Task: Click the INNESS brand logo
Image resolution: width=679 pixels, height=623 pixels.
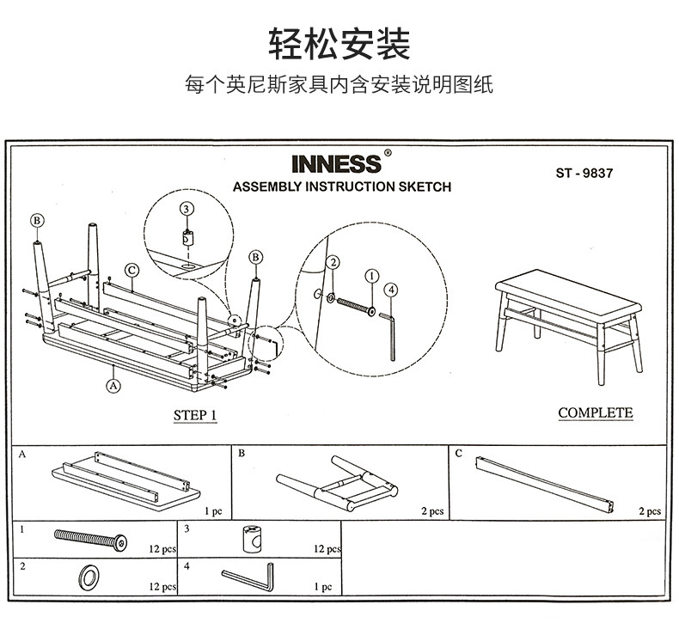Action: (x=336, y=163)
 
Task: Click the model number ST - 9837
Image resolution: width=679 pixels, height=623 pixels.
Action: (x=584, y=171)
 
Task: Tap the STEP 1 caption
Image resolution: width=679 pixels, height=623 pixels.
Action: (x=195, y=416)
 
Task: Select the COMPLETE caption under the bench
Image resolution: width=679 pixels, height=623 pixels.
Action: (x=595, y=413)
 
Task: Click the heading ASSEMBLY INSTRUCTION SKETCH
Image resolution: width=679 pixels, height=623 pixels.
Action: (x=341, y=186)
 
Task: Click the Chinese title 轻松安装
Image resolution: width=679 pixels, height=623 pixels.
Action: (x=339, y=44)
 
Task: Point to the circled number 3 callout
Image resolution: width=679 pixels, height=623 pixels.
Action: (x=187, y=209)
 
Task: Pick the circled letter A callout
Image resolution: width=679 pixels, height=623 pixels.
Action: (x=113, y=386)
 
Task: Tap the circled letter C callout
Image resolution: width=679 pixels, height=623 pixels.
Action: (x=132, y=270)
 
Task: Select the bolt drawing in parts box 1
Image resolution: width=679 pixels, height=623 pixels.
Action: (x=90, y=541)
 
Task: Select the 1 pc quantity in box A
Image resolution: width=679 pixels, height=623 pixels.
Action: (x=213, y=511)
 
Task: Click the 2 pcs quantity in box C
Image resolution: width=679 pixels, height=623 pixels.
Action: (x=650, y=511)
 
